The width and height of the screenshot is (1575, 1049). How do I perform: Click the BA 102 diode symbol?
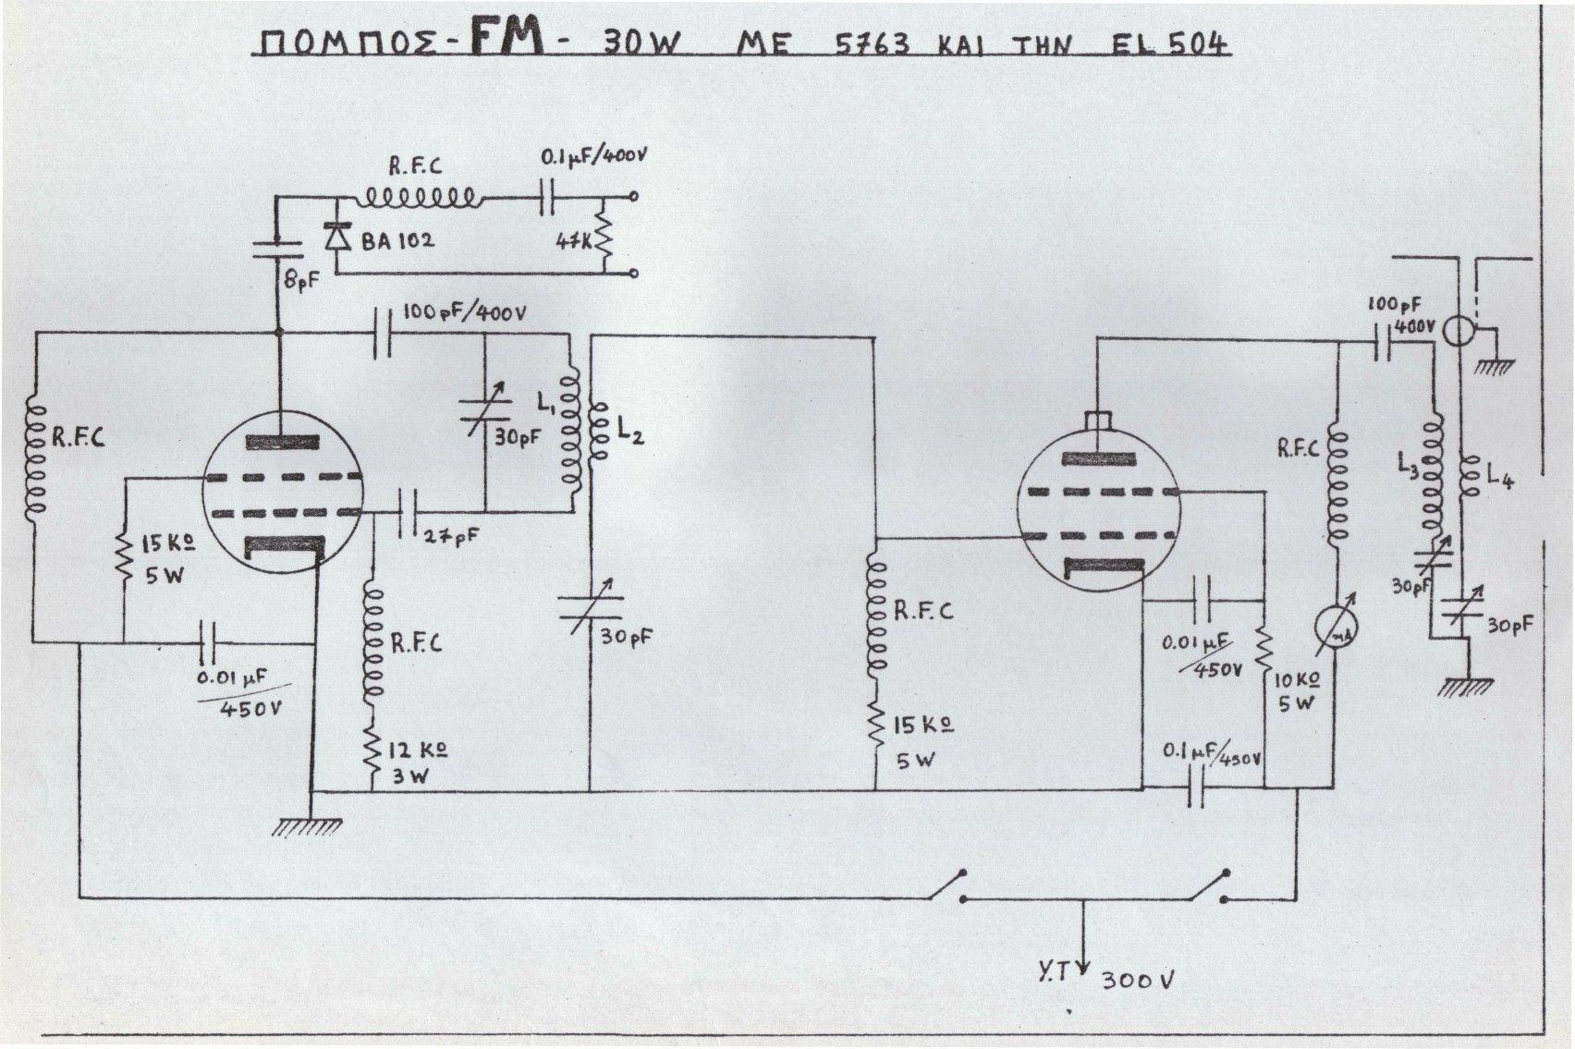click(336, 238)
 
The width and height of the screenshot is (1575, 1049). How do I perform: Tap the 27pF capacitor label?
click(450, 536)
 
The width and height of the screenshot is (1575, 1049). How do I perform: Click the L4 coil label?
click(1498, 478)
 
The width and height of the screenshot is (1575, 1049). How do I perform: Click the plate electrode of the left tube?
click(281, 441)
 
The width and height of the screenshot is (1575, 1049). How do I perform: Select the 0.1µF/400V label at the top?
click(592, 159)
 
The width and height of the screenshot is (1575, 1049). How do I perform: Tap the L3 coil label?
click(1409, 471)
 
